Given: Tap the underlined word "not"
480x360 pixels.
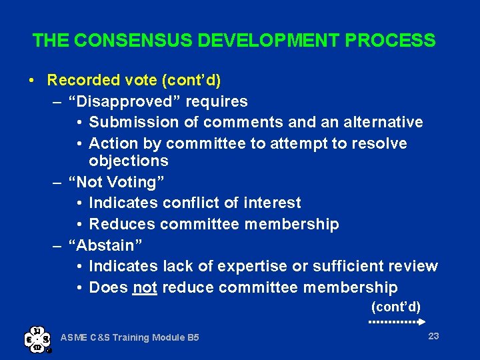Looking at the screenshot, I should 145,288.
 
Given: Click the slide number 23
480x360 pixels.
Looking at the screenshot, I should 433,336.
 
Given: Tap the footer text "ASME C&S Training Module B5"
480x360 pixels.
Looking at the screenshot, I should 130,338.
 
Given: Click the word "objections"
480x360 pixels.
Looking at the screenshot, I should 129,161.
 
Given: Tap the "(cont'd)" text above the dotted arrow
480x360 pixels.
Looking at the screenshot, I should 395,307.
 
